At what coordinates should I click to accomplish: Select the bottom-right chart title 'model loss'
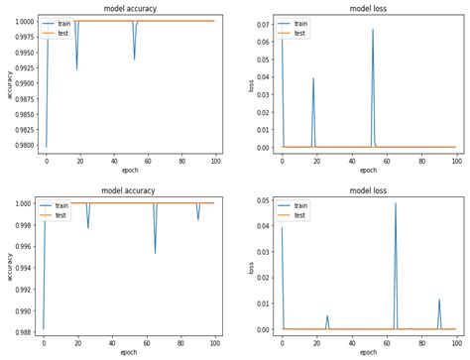(368, 192)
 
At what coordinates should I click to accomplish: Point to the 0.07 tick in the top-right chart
(264, 23)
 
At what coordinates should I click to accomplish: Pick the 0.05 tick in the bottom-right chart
(264, 201)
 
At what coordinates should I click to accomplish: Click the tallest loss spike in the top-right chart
(373, 30)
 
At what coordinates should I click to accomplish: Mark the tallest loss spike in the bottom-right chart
(396, 204)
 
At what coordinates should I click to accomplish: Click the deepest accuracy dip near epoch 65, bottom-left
(155, 253)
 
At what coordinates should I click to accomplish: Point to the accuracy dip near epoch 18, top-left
(76, 69)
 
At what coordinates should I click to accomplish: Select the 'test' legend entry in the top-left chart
(62, 33)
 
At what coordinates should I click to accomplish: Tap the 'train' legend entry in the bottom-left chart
(62, 205)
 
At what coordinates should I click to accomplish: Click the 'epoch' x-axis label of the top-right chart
(368, 171)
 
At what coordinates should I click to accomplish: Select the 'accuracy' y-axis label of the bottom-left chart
(9, 265)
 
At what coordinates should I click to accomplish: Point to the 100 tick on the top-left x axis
(214, 161)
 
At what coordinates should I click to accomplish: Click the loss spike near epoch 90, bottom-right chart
(439, 300)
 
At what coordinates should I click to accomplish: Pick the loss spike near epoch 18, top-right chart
(313, 78)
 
